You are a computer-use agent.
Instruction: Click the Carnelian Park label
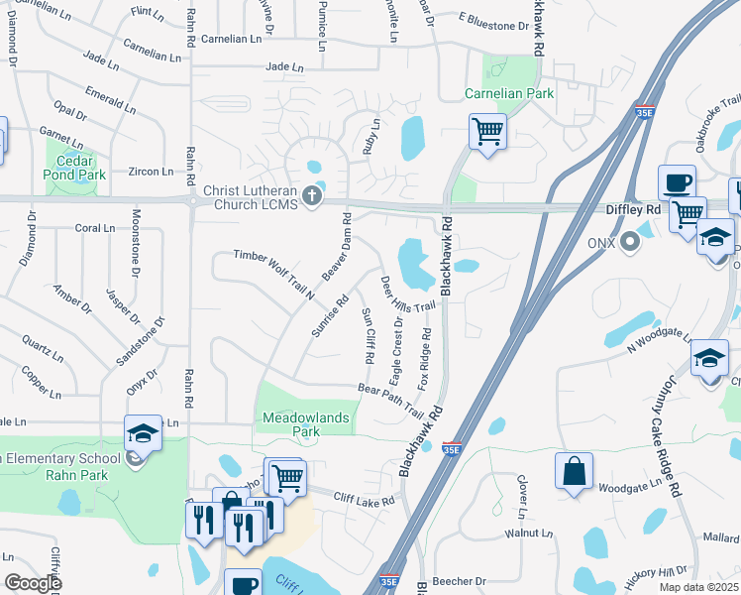coord(509,94)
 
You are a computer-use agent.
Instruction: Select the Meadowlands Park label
coord(306,424)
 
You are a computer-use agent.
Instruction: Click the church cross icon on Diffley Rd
coord(313,195)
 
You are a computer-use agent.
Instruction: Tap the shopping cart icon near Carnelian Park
coord(487,131)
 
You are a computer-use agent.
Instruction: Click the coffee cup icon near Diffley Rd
coord(678,182)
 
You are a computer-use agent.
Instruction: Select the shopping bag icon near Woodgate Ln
coord(575,471)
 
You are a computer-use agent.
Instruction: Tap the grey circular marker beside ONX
coord(628,242)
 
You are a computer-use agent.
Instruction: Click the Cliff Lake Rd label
coord(364,500)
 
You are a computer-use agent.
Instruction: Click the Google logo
coord(33,583)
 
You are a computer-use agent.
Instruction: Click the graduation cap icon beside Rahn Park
coord(143,432)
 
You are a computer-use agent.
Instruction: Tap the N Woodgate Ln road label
coord(656,340)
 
